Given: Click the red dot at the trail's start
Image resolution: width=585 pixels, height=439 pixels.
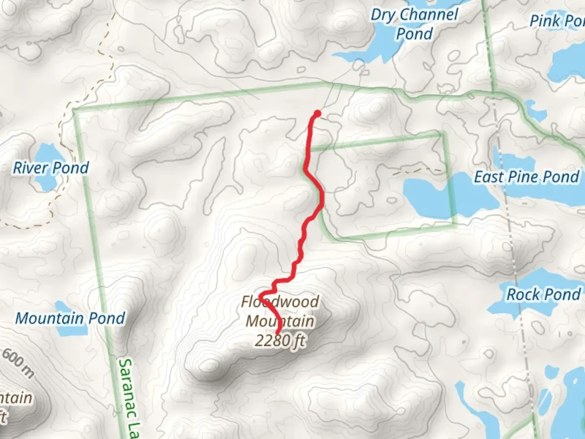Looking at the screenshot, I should (318, 113).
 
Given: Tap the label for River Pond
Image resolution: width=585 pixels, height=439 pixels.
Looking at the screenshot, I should (51, 168).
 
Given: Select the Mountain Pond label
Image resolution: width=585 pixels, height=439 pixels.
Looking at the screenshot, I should (70, 318).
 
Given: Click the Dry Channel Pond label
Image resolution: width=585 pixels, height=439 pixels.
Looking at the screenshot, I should (414, 24).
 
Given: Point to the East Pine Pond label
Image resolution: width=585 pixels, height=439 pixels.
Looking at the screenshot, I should (526, 177).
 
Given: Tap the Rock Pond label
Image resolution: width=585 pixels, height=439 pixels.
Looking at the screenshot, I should (544, 294).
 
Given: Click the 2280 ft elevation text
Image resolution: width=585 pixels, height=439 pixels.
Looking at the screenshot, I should (280, 341).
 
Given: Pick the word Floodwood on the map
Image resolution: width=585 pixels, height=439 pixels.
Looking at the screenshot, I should (280, 302).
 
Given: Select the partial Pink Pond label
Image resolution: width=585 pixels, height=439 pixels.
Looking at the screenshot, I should (557, 21).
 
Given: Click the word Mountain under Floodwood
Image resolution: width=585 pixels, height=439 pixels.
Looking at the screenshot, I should (280, 321).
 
